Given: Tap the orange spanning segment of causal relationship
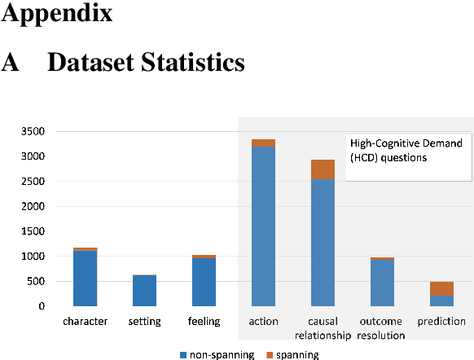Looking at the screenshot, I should tap(322, 169).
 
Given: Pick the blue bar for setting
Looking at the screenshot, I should tap(144, 290).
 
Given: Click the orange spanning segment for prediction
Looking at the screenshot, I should tap(442, 288).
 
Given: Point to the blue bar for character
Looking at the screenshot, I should tap(85, 278).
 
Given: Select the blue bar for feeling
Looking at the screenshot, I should tap(204, 282).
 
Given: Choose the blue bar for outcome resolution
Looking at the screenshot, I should tap(382, 283).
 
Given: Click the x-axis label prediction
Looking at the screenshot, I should tap(441, 322).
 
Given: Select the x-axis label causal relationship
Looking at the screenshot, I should tap(322, 328).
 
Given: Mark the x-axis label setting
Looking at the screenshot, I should tap(144, 322).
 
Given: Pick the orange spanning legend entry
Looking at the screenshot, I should tap(293, 354).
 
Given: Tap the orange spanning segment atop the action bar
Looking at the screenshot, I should tap(263, 143).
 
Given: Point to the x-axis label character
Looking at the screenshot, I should tap(85, 322).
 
